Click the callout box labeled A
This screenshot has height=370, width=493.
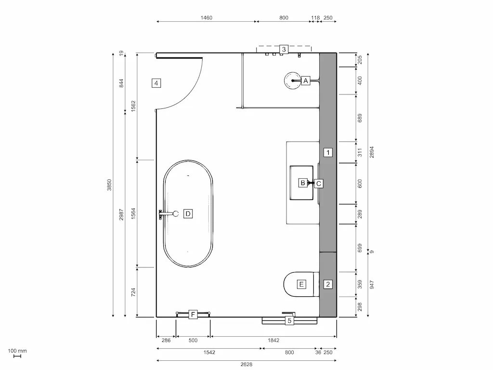tap(305, 81)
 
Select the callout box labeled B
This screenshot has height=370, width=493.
tap(303, 183)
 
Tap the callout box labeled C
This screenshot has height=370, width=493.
tap(318, 183)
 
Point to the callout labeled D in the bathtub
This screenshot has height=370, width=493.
tap(188, 213)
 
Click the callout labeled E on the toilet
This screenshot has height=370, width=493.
tap(301, 284)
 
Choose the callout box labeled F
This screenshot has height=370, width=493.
tap(193, 315)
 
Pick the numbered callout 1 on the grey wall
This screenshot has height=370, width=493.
tap(328, 153)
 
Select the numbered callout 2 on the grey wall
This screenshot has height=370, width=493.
tap(328, 284)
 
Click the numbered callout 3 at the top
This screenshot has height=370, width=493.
tap(284, 49)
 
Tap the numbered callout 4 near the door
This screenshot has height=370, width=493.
tap(156, 83)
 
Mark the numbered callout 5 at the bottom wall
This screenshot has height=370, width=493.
tap(289, 320)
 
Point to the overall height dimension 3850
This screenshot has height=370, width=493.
tap(109, 185)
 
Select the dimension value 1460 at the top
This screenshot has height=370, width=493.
tap(206, 18)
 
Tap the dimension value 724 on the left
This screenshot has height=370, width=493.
tap(133, 292)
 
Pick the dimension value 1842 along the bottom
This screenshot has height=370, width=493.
tap(273, 340)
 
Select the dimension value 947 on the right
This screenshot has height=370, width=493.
tap(371, 284)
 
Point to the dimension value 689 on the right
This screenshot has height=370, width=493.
tap(360, 118)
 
